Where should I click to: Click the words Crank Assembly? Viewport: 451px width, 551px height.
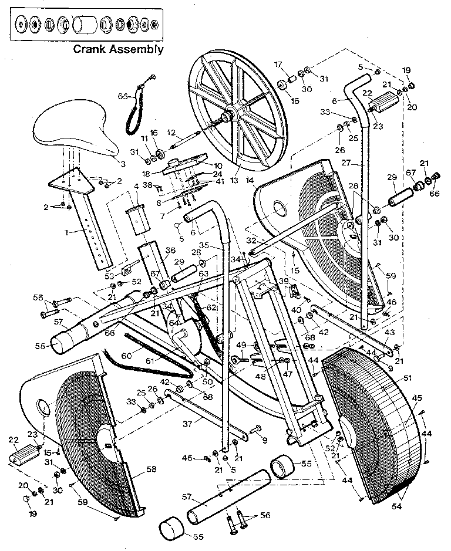[118, 49]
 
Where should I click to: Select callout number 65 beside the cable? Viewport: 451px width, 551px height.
[123, 96]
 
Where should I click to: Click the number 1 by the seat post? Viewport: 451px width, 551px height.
[67, 232]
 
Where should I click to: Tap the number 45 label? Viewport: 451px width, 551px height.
[417, 398]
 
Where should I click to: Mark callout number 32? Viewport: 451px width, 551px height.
[251, 241]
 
